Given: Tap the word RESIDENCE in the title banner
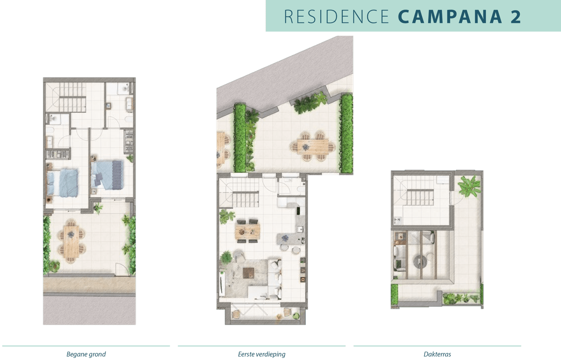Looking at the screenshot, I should (x=336, y=16).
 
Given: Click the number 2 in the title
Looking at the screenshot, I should (x=515, y=16).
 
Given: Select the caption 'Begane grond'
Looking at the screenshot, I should (x=86, y=354).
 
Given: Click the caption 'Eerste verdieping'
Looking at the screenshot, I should (x=262, y=354).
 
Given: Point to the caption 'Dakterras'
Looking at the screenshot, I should (x=437, y=354).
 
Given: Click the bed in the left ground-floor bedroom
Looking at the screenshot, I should (x=63, y=182).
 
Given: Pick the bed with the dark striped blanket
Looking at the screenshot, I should (x=108, y=175).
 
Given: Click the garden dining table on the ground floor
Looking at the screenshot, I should (x=71, y=241).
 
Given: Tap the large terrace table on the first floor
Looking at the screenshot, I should (x=313, y=146).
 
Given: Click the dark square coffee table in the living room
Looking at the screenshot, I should (x=249, y=272).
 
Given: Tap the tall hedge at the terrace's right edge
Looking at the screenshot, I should (x=347, y=133).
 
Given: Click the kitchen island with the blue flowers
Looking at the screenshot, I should (x=287, y=239).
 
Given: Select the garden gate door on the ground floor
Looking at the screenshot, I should (x=121, y=270).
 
